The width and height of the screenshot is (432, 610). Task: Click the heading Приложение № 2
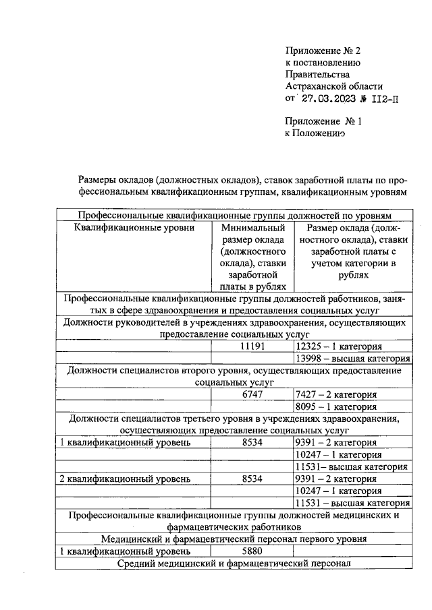point(324,51)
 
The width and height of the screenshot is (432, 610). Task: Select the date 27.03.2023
point(328,98)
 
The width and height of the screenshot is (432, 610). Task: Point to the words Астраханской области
point(334,86)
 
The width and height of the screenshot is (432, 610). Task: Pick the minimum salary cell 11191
point(253,346)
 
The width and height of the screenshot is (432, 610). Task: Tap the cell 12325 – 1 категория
point(344,346)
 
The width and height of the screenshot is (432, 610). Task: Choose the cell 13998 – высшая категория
point(353,359)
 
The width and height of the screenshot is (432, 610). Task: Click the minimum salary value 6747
point(253,394)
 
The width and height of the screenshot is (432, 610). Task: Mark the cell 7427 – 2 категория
point(336,395)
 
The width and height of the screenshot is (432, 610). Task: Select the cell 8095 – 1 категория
point(336,406)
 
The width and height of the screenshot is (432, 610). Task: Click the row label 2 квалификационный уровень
point(125,478)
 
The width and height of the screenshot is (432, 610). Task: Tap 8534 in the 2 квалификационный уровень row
point(253,478)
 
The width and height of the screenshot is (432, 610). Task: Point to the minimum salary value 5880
point(253,551)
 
